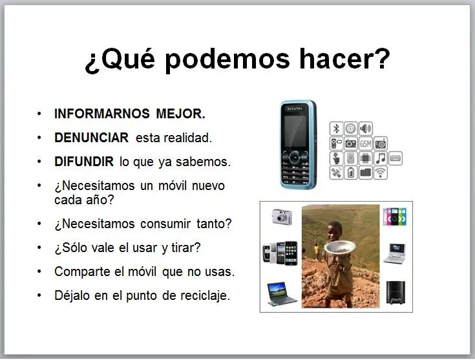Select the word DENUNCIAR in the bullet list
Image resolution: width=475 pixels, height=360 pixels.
pyautogui.click(x=91, y=138)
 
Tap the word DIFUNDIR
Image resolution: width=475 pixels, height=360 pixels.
pyautogui.click(x=84, y=162)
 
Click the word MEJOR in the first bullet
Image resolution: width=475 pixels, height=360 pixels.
pyautogui.click(x=180, y=114)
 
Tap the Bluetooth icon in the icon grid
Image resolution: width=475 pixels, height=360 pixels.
pyautogui.click(x=336, y=129)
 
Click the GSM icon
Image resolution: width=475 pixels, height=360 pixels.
pyautogui.click(x=365, y=143)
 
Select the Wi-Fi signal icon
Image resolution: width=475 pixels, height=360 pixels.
pyautogui.click(x=381, y=173)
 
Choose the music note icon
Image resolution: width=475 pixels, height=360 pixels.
pyautogui.click(x=381, y=158)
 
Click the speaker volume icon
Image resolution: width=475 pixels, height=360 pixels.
pyautogui.click(x=365, y=129)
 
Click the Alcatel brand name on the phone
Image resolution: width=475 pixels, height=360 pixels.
pyautogui.click(x=295, y=109)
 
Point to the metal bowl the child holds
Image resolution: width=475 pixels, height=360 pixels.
pyautogui.click(x=340, y=247)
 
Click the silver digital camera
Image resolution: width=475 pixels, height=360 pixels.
pyautogui.click(x=282, y=217)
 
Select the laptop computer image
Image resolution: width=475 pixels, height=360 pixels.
pyautogui.click(x=282, y=294)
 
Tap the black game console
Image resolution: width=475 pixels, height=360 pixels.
pyautogui.click(x=396, y=293)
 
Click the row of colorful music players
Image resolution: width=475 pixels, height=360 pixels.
pyautogui.click(x=394, y=217)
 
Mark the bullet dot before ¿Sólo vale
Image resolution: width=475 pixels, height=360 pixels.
pyautogui.click(x=39, y=248)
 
